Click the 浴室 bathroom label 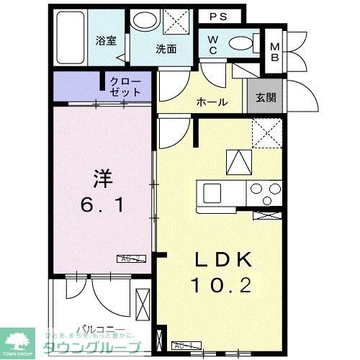pyautogui.click(x=106, y=41)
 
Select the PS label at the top pyautogui.click(x=219, y=15)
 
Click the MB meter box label pyautogui.click(x=274, y=52)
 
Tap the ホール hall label pyautogui.click(x=212, y=102)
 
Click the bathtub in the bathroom pyautogui.click(x=70, y=40)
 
